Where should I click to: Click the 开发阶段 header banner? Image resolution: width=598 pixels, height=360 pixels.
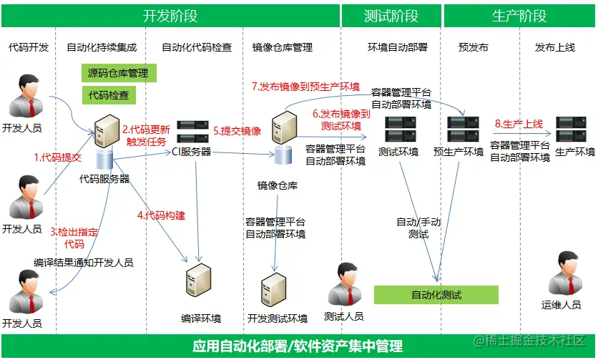coord(170,15)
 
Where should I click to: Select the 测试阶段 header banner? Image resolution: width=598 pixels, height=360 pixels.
coord(391,15)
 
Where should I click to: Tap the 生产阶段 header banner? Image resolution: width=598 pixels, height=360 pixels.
coord(519,15)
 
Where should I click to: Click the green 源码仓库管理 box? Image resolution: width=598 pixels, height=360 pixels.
coord(118,73)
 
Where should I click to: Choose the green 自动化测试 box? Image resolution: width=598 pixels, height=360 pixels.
coord(436,295)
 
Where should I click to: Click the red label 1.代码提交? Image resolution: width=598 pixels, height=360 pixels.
coord(58,157)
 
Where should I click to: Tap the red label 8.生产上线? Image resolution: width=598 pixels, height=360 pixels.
coord(519,124)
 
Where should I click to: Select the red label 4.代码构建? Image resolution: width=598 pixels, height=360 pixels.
coord(162,215)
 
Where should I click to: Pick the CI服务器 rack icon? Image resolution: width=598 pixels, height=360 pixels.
coord(192,131)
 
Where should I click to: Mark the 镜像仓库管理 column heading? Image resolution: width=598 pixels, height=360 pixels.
coord(283,47)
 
